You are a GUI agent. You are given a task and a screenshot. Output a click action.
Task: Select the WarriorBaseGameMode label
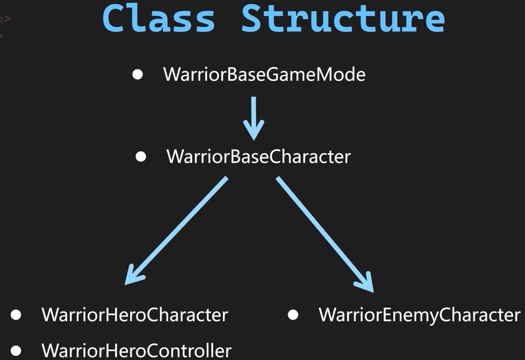[264, 75]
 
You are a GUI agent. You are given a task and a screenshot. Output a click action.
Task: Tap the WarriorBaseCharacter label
[258, 157]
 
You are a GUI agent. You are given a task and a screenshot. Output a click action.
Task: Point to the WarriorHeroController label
[137, 350]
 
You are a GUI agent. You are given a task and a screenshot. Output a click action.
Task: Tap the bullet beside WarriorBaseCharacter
[141, 157]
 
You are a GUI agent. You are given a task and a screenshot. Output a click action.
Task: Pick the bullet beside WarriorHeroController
[16, 351]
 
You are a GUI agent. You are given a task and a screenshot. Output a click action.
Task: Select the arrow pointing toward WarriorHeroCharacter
[178, 229]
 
